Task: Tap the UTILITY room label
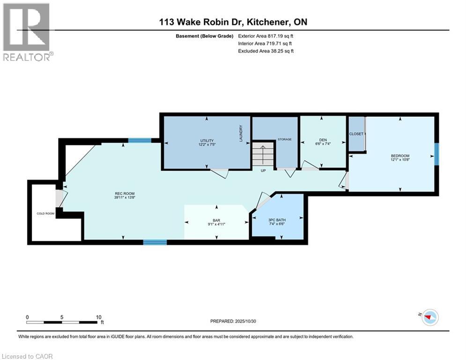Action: [207, 141]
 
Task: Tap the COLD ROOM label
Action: [46, 213]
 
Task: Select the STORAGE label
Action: [284, 139]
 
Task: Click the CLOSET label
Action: [356, 134]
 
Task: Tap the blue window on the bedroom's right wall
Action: [436, 154]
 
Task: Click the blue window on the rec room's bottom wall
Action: [155, 242]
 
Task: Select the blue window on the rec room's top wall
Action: [140, 140]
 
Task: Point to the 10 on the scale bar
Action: [98, 317]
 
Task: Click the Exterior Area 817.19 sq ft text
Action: [266, 36]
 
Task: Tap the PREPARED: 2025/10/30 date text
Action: [237, 321]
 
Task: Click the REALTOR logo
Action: [27, 31]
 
